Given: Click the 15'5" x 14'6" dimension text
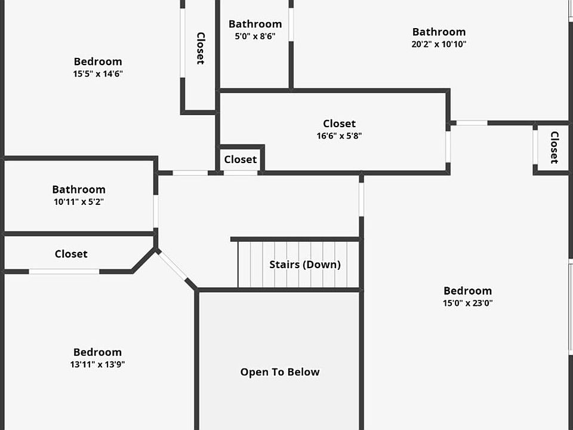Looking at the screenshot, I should pos(98,74).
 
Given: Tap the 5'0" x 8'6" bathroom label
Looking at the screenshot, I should pos(255,36).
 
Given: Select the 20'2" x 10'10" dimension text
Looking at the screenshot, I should pos(439,44).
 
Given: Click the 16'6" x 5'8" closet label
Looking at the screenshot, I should pos(339,136).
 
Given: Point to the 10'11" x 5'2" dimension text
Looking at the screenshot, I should pos(79,202).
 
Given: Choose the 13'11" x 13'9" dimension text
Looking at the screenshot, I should pos(97,364).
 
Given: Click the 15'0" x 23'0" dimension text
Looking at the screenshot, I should pos(467,303).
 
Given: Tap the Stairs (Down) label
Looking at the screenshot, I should pos(305,265).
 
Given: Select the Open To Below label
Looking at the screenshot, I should pos(280,372).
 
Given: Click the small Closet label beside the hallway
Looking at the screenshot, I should pos(241,159).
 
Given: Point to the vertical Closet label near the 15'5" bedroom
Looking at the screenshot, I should pos(201,48).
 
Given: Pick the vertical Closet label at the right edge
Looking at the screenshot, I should pos(554,147).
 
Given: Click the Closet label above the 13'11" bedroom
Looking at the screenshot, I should pos(71,254).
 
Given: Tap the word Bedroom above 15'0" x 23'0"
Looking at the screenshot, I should pos(467,291).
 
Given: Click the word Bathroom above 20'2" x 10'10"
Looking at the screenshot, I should pos(439,32).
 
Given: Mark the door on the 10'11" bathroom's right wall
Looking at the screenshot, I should pos(156,211).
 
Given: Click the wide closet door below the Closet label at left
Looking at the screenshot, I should pos(64,272).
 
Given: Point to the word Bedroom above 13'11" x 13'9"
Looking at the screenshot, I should pos(97,352).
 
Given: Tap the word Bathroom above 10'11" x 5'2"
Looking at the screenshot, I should pos(79,189).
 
